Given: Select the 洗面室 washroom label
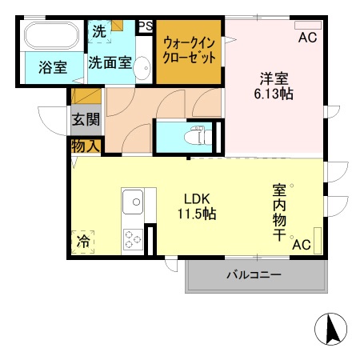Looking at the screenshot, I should click(x=110, y=61).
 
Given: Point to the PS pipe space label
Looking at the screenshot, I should click(x=145, y=26).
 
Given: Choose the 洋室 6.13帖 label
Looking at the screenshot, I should click(x=274, y=86).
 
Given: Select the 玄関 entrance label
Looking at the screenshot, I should click(x=86, y=120).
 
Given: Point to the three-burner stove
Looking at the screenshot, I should click(x=132, y=238).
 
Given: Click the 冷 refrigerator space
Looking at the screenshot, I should click(x=82, y=240).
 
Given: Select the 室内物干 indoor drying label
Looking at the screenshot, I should click(x=280, y=211).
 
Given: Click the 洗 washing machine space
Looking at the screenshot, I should click(x=98, y=32).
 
